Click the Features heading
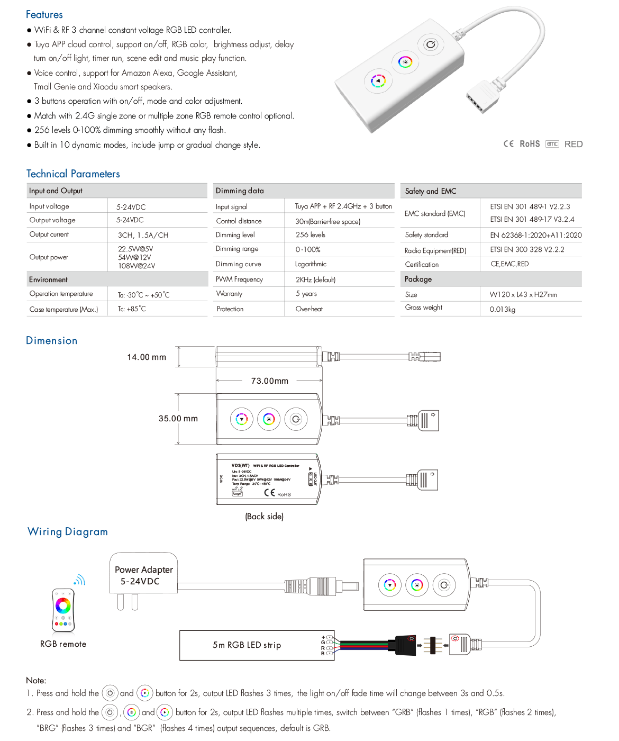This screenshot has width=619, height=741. pos(44,15)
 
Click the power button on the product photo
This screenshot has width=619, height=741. pos(431,44)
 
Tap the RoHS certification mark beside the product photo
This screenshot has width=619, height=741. pos(530,144)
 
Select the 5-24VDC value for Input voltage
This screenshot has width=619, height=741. pos(131,207)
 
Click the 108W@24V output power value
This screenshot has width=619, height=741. pos(136,266)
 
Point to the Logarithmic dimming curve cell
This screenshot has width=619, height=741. pos(311,264)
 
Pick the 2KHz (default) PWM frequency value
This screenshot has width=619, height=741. pos(315,279)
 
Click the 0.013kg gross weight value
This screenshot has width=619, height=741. pos(502,310)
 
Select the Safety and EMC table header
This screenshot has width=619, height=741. pos(431,191)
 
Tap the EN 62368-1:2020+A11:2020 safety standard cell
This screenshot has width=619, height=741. pos(535,235)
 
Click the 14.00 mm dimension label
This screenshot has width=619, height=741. pos(147,357)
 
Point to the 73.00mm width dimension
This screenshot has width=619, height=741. pos(269,381)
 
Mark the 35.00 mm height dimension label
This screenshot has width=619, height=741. pos(178,419)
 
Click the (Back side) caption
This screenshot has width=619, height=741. pos(264,517)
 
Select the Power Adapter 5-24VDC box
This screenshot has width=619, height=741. pos(143,575)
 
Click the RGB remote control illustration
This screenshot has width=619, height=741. pos(63,610)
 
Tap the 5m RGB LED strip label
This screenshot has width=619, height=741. pos(247,645)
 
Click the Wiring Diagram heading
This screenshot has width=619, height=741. pos(68,532)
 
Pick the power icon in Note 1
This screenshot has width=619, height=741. pos(110,693)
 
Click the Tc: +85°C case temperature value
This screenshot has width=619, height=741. pos(132,309)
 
